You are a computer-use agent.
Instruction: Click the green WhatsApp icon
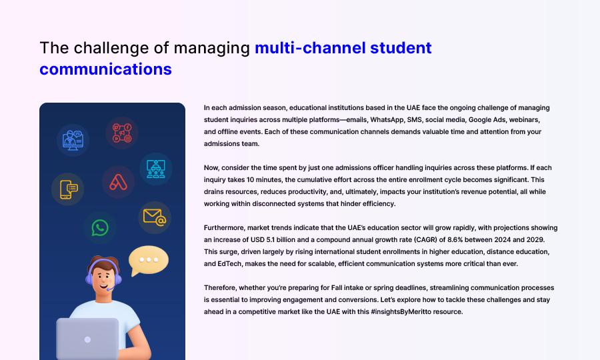[x=100, y=227]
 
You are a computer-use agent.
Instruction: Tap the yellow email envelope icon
[x=155, y=217]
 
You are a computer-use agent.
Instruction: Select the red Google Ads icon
[x=118, y=182]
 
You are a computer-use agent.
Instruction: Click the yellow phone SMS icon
[x=69, y=189]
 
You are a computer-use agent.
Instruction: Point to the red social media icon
[x=122, y=133]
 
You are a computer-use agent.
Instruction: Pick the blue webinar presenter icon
[x=73, y=141]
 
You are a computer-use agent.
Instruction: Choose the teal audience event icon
[x=156, y=169]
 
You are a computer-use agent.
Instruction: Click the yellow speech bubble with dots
[x=149, y=260]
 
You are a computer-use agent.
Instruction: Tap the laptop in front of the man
[x=87, y=339]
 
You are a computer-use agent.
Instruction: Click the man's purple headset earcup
[x=117, y=278]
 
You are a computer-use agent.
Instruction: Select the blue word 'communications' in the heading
[x=105, y=69]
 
